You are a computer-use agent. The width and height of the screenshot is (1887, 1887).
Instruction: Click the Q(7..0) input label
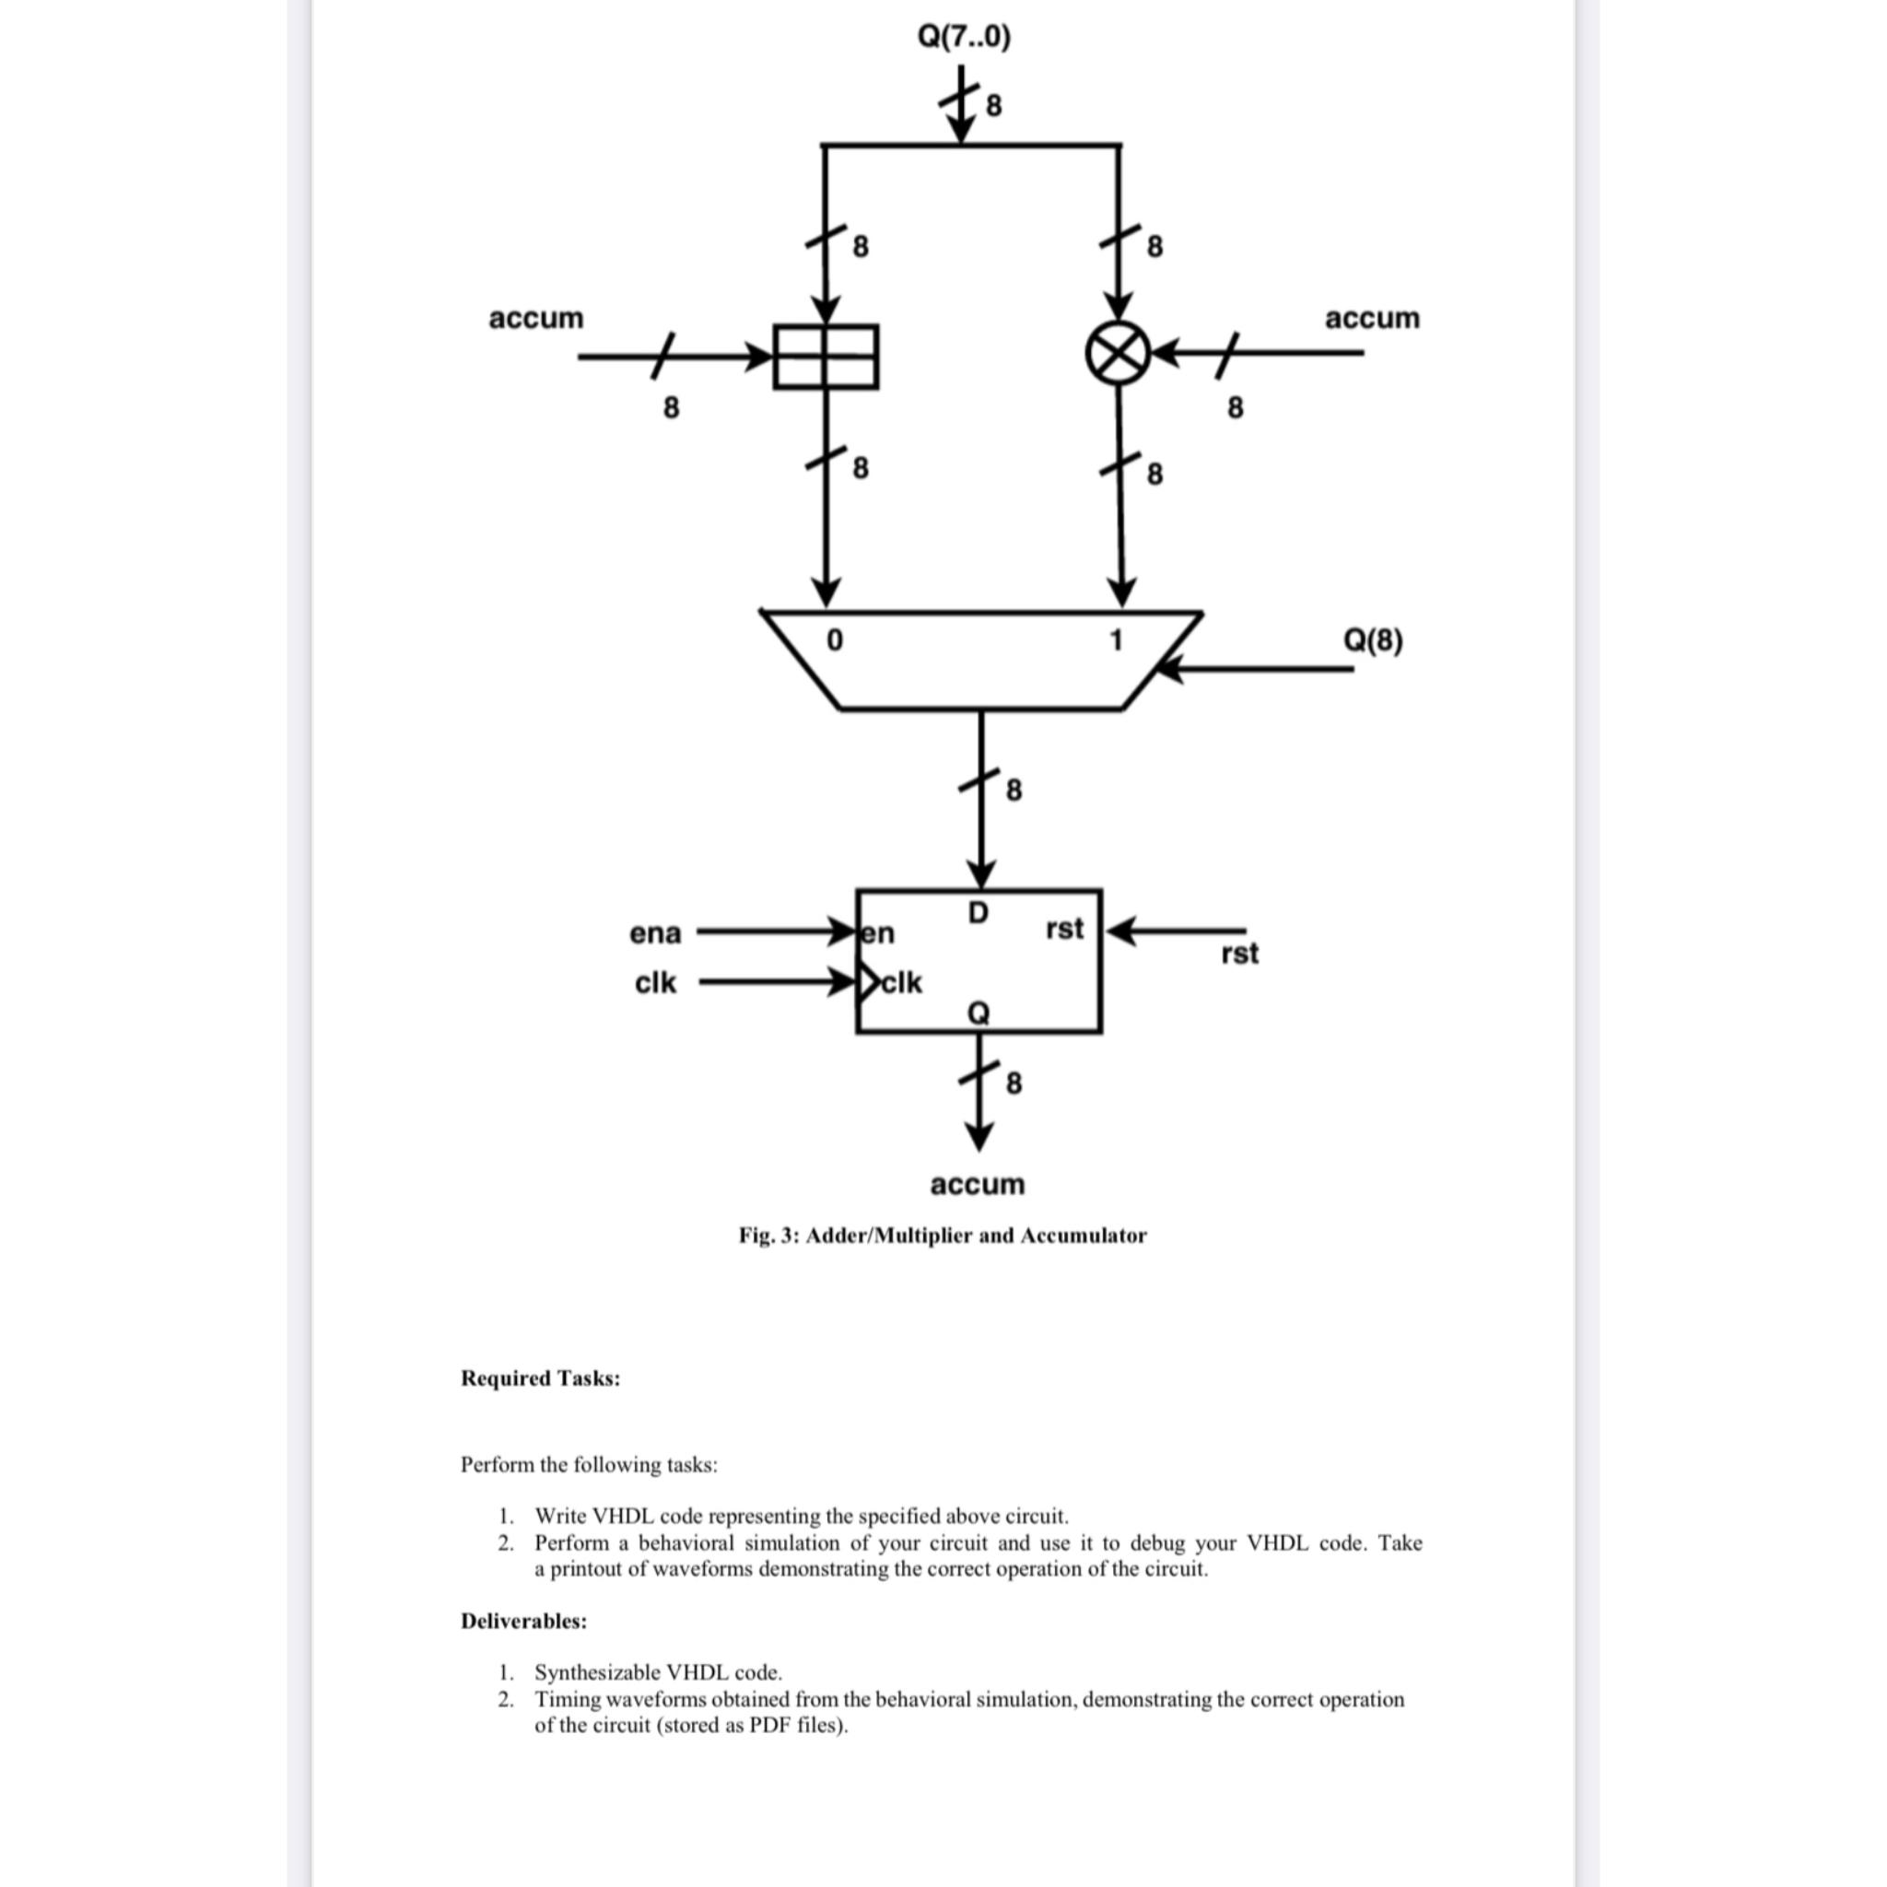point(964,37)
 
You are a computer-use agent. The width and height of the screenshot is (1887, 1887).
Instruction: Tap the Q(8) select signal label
point(1372,640)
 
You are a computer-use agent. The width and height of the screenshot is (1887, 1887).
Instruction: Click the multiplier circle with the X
point(1118,354)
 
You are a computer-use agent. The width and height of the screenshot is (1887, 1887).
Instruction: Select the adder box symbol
point(826,357)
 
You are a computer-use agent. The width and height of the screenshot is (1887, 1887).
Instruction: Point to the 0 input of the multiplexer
point(834,640)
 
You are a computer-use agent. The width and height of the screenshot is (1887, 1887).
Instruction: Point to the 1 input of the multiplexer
point(1116,640)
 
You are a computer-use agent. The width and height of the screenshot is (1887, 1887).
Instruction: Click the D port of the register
point(978,912)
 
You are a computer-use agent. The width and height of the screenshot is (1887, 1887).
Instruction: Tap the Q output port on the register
point(978,1014)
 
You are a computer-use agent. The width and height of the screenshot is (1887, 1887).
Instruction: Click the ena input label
point(654,933)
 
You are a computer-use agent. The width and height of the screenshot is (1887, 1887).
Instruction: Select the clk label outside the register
point(654,982)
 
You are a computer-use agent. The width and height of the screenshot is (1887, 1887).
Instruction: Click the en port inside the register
point(878,933)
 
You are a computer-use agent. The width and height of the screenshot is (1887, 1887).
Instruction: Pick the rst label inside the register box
point(1063,928)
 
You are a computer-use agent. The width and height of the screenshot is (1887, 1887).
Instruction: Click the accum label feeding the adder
point(536,319)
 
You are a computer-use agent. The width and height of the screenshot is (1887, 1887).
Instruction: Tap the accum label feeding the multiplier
point(1371,319)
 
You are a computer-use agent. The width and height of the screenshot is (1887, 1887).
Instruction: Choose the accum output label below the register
point(977,1185)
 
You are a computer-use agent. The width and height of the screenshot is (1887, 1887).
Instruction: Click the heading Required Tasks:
point(540,1378)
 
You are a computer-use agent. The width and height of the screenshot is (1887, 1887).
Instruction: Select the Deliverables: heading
point(523,1622)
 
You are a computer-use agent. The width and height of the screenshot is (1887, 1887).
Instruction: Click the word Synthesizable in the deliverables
point(595,1672)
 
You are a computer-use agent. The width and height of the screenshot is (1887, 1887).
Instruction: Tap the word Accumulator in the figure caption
point(1084,1236)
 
